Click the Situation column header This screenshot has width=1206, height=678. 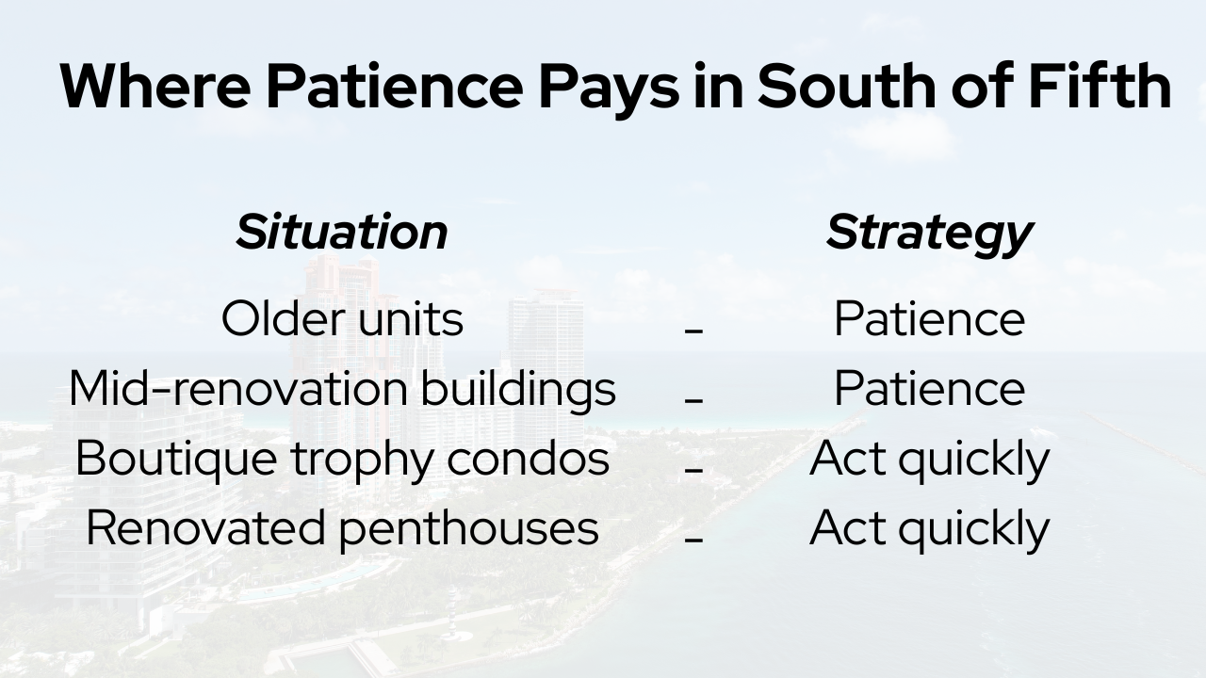(x=342, y=232)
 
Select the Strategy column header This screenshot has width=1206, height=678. (x=929, y=232)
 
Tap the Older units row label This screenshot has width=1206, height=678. (x=342, y=318)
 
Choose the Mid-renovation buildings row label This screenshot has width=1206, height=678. (x=342, y=388)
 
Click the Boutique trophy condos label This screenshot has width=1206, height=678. (x=342, y=458)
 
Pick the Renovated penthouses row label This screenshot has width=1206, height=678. (x=342, y=527)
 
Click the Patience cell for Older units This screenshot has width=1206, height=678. (x=929, y=318)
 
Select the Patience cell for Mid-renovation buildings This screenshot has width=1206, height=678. (x=929, y=388)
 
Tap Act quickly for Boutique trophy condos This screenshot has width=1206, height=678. (x=929, y=458)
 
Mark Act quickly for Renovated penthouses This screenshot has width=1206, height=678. (x=929, y=527)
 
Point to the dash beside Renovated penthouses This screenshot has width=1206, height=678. (x=693, y=539)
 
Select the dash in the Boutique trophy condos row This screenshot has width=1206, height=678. (x=693, y=469)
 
